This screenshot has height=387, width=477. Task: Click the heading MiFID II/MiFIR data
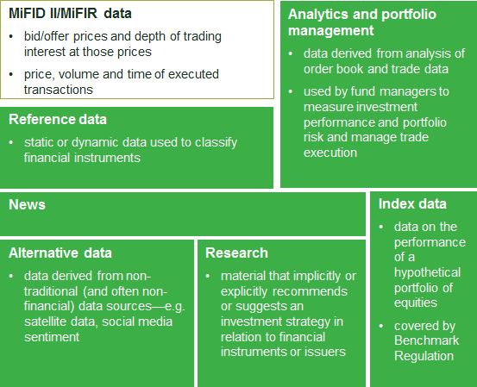coord(70,14)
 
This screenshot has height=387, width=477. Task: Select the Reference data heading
coord(58,119)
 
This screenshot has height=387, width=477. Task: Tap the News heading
coord(27,204)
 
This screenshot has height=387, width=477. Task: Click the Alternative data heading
coord(60,253)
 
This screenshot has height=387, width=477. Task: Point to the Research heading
coord(236,253)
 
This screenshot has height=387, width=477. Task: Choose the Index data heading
coord(412,203)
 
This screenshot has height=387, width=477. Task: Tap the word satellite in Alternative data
coord(46,321)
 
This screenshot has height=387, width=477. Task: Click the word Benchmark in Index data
coord(426,340)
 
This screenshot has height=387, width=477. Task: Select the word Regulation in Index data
coord(424,356)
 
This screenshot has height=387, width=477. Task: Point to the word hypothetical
coord(428,272)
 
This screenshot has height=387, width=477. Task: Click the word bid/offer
coord(47,36)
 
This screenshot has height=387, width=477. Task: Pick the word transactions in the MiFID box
coord(59,90)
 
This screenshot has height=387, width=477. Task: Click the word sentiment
coord(52,337)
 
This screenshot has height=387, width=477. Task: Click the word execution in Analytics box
coord(330,153)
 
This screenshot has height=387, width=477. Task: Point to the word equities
coord(416,303)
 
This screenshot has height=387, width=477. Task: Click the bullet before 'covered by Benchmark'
coord(381,326)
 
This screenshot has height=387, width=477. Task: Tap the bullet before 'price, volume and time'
coord(11,74)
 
